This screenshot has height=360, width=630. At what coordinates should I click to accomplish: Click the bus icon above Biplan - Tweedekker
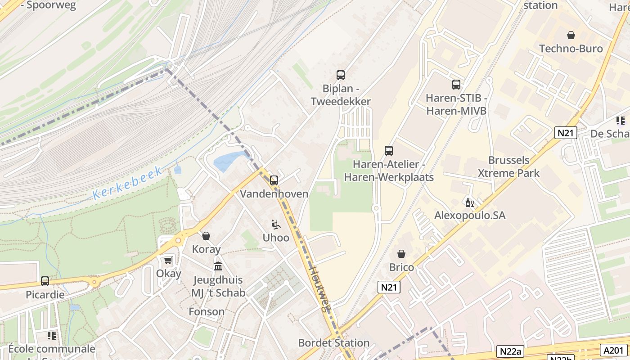click(x=341, y=75)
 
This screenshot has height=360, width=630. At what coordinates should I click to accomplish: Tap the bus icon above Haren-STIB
click(x=456, y=84)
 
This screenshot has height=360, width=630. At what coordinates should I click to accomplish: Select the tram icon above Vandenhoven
click(x=274, y=180)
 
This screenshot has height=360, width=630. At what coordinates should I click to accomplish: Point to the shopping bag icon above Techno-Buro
click(x=571, y=35)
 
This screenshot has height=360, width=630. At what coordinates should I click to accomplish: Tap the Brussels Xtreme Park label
click(x=508, y=166)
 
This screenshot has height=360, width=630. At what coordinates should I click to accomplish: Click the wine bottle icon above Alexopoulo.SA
click(x=469, y=203)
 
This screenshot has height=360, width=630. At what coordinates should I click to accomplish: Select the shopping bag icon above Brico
click(x=401, y=254)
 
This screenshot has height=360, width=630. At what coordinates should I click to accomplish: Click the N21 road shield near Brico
click(x=390, y=287)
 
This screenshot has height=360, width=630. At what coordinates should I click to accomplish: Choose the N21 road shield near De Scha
click(x=566, y=133)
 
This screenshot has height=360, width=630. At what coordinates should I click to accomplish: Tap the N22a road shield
click(x=511, y=351)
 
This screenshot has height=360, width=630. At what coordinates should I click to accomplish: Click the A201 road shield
click(x=613, y=350)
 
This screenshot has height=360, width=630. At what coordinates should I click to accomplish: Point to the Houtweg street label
click(x=320, y=288)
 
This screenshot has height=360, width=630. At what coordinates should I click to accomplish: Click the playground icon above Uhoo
click(x=276, y=224)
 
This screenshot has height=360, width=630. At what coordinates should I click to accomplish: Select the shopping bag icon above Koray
click(x=206, y=236)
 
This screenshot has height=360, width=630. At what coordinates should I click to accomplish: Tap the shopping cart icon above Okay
click(x=168, y=260)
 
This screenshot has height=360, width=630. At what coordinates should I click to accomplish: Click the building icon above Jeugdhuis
click(x=218, y=266)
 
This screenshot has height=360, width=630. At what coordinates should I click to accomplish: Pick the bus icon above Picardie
click(x=45, y=281)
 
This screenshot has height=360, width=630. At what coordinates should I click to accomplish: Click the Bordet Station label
click(x=334, y=343)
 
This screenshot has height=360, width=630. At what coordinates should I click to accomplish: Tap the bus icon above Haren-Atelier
click(x=389, y=151)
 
